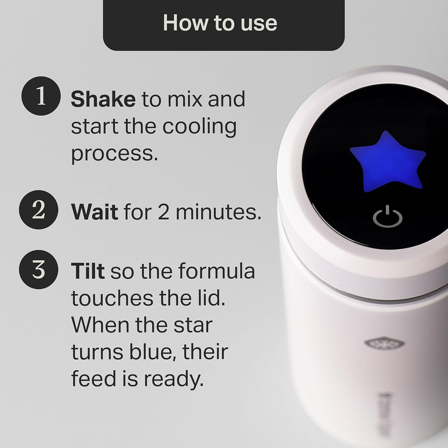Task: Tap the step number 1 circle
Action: [40, 97]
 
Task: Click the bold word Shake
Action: [103, 100]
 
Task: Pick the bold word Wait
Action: [94, 212]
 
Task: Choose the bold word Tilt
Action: [87, 271]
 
